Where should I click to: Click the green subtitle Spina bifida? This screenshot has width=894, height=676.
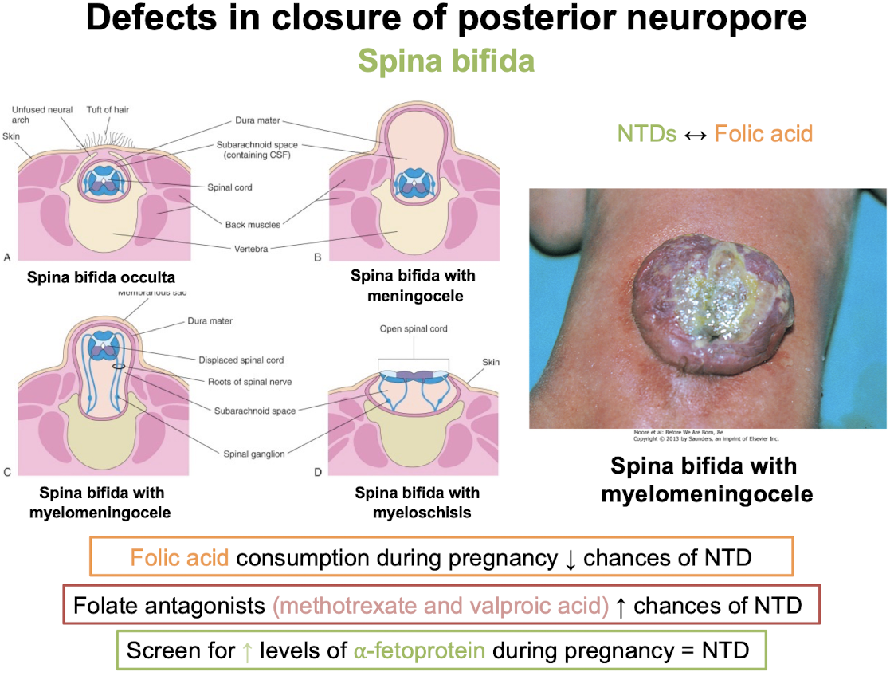446,61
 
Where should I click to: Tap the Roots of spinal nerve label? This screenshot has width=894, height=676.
253,382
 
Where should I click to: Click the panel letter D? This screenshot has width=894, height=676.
318,473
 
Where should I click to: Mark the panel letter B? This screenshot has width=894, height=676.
318,257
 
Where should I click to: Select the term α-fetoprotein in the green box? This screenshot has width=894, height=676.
420,650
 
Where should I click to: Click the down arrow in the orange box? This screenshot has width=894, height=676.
570,557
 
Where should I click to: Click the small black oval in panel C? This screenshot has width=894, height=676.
119,367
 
